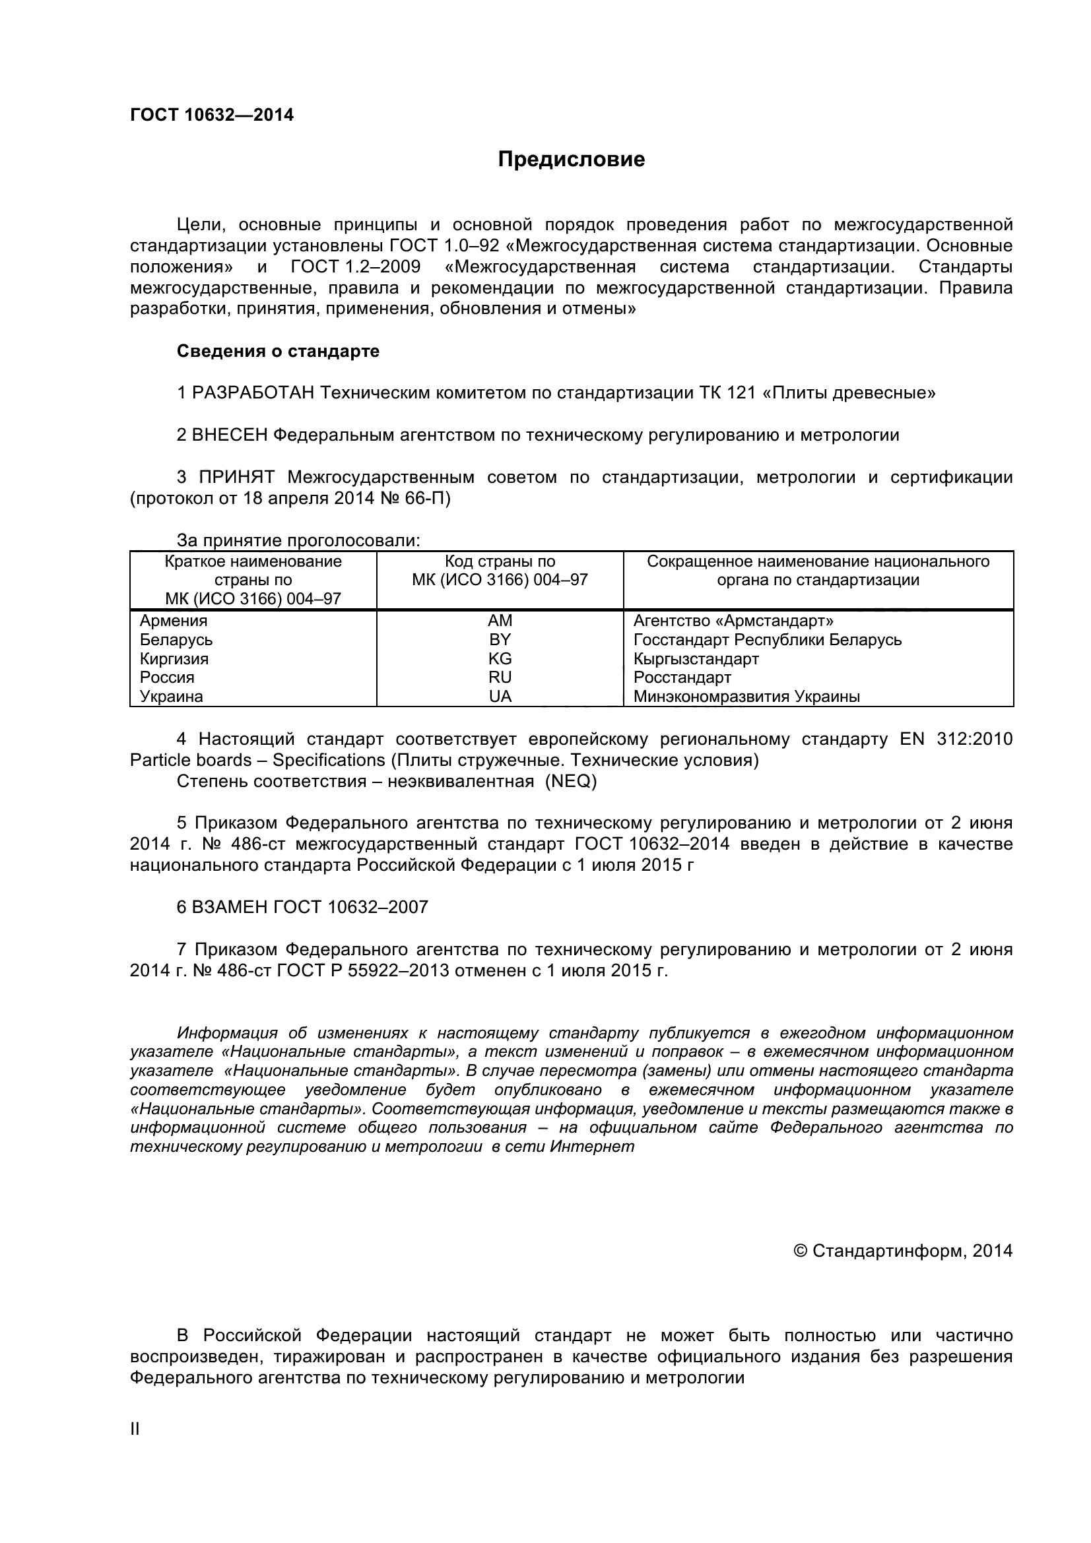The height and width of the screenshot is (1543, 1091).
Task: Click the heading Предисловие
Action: coord(571,159)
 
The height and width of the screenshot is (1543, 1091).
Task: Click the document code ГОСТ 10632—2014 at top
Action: coord(212,115)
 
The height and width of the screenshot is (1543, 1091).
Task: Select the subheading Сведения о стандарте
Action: coord(278,351)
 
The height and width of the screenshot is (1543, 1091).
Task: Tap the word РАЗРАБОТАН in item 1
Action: coord(253,393)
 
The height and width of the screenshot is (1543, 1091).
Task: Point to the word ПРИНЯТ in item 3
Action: coord(236,477)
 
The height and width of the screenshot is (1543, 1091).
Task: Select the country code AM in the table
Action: coord(500,620)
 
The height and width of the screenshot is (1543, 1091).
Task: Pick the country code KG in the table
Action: coord(500,658)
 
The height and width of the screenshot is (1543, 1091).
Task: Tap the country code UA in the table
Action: coord(500,696)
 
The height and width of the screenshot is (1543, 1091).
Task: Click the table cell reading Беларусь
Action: coord(176,639)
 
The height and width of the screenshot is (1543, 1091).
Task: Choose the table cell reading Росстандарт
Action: coord(682,677)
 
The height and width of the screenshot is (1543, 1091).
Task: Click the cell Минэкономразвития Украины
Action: coord(746,696)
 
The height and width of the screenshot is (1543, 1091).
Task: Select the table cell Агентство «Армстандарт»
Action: coord(733,620)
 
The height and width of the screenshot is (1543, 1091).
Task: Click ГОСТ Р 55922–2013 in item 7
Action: coord(362,970)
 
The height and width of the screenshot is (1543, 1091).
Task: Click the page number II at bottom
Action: coord(135,1428)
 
